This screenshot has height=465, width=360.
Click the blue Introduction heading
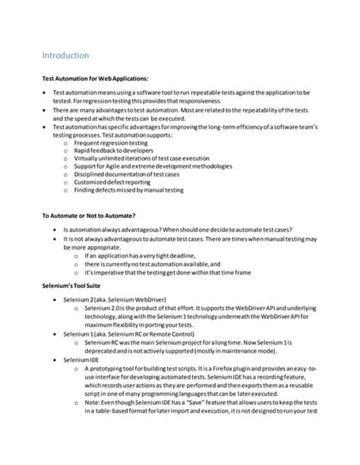65,55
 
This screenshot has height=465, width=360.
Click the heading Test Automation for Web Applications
95,79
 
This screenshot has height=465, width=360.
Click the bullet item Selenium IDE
84,359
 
